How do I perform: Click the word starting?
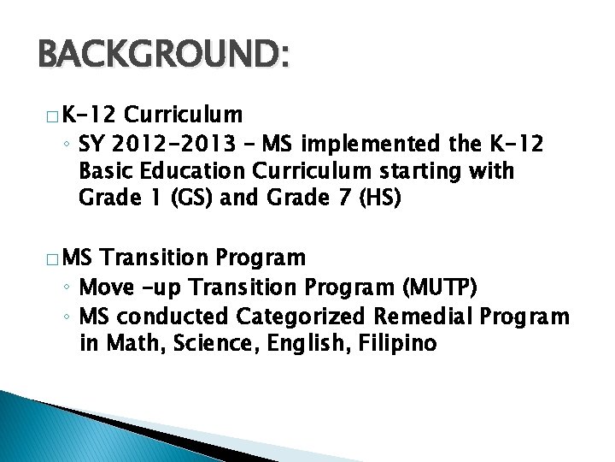430,170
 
